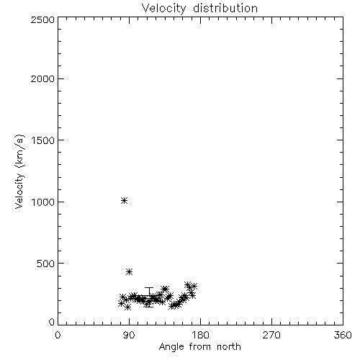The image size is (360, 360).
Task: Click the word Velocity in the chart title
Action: coord(164,9)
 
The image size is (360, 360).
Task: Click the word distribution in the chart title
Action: coord(225,8)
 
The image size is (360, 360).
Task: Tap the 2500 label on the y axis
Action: coord(43,19)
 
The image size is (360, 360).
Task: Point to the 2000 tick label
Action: coord(43,78)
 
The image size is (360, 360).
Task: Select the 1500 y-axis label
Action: coord(43,140)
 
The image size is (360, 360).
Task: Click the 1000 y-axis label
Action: coord(43,202)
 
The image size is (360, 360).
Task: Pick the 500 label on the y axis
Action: coord(46,264)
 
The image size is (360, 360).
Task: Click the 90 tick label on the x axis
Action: coord(129,335)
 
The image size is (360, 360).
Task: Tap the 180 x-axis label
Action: coord(200,335)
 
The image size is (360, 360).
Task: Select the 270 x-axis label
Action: coord(271,335)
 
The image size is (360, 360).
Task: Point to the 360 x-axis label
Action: coord(343,335)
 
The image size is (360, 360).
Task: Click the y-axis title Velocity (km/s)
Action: coord(19,171)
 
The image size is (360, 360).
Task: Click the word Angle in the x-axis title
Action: coord(171,347)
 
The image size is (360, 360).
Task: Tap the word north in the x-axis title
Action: coord(229,347)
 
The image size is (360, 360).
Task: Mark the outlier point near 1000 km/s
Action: coord(124,201)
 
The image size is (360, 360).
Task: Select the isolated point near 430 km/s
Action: coord(130,272)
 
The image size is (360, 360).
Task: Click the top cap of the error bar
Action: coord(149,287)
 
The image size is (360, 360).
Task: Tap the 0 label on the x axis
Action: coord(58,335)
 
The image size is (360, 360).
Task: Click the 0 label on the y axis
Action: coord(52,322)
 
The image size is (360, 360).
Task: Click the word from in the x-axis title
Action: coord(200,347)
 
